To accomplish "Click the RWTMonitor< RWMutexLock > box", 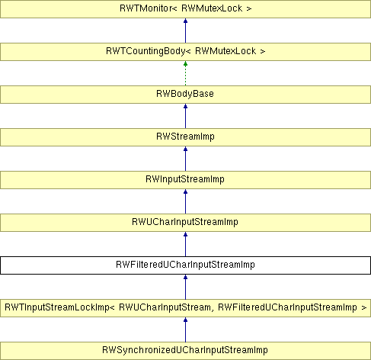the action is [x=185, y=9].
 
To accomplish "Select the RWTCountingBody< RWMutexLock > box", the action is [x=185, y=52].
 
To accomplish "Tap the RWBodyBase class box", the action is [x=185, y=95].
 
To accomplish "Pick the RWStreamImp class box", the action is [x=185, y=137].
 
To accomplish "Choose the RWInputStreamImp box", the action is [x=185, y=180].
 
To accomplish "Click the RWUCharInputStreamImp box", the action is [x=185, y=223].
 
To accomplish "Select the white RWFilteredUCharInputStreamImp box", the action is [x=185, y=265].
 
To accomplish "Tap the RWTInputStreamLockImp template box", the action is [x=185, y=308].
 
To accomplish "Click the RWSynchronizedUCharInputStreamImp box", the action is [x=185, y=351].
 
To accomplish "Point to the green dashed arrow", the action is [x=185, y=73].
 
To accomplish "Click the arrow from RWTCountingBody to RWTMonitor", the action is [x=185, y=31].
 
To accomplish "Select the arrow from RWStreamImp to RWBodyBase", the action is [x=185, y=116].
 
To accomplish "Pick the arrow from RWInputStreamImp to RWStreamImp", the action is [x=185, y=159].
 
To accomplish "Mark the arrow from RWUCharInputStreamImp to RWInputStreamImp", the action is [x=185, y=201].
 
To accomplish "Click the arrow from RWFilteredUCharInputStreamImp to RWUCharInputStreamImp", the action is [x=185, y=244].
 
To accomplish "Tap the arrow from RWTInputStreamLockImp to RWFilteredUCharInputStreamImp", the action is [x=185, y=287].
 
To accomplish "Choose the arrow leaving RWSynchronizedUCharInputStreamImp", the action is [x=185, y=329].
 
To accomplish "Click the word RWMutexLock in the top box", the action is [x=212, y=8].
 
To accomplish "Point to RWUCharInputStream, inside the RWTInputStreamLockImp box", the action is [x=165, y=307].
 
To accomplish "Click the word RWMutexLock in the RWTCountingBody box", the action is [x=225, y=51].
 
